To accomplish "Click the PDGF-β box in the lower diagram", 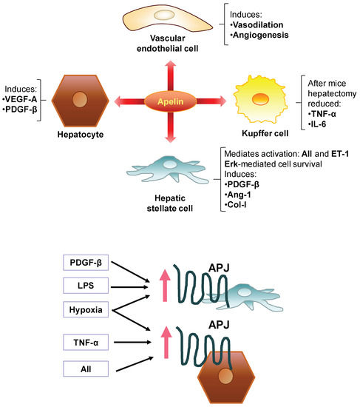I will (x=88, y=263).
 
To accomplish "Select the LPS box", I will (x=88, y=286).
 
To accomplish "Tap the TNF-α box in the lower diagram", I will (x=88, y=342).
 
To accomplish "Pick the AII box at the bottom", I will (x=88, y=367).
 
